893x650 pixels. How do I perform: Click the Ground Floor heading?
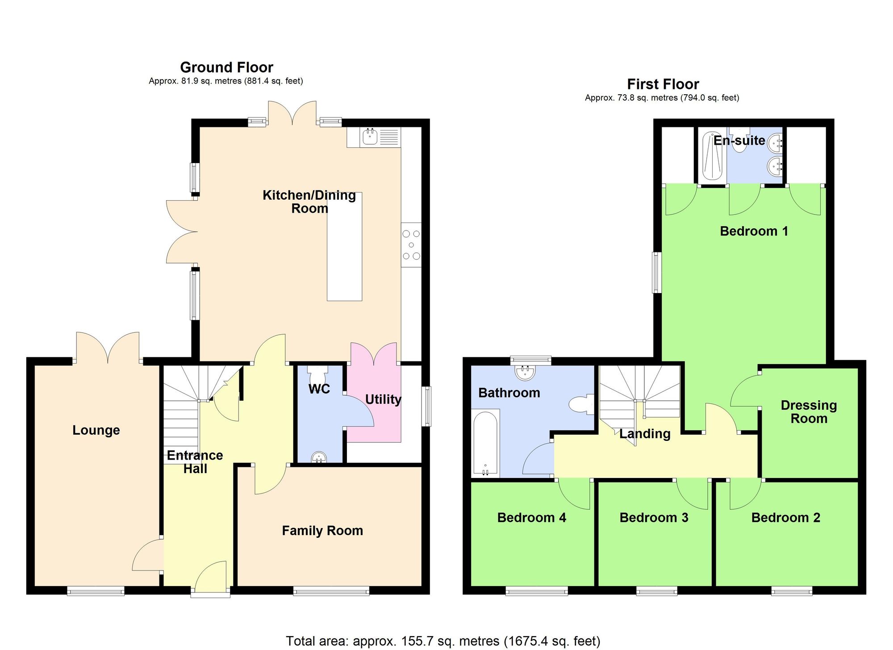[x=226, y=67]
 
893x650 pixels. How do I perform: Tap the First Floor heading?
[x=663, y=84]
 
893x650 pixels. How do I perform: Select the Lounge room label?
[x=96, y=430]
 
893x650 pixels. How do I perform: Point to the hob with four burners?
[x=411, y=245]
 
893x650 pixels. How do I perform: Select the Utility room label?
[x=383, y=399]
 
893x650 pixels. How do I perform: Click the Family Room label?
[x=322, y=531]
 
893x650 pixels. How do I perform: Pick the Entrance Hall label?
[x=195, y=462]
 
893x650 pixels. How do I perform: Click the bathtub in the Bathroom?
[x=485, y=444]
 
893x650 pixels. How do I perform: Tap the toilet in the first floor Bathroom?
[x=581, y=404]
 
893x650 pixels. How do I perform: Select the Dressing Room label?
[x=809, y=412]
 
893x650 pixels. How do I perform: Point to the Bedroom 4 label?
[x=531, y=518]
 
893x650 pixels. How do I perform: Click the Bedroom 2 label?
[x=785, y=518]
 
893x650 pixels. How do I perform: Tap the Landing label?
[x=645, y=434]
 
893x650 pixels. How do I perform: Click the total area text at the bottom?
[x=443, y=641]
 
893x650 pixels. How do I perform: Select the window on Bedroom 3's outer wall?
[x=656, y=592]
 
